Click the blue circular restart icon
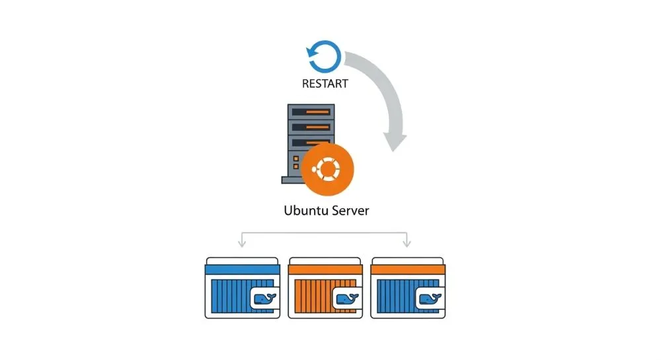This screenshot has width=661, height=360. (324, 57)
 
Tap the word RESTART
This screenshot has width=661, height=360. (324, 85)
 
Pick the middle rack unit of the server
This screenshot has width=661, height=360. (309, 127)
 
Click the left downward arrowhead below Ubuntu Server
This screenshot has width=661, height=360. (242, 243)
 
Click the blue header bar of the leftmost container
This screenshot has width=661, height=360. (242, 270)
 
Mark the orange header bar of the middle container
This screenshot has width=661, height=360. (325, 270)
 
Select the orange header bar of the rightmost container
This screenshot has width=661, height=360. (407, 270)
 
